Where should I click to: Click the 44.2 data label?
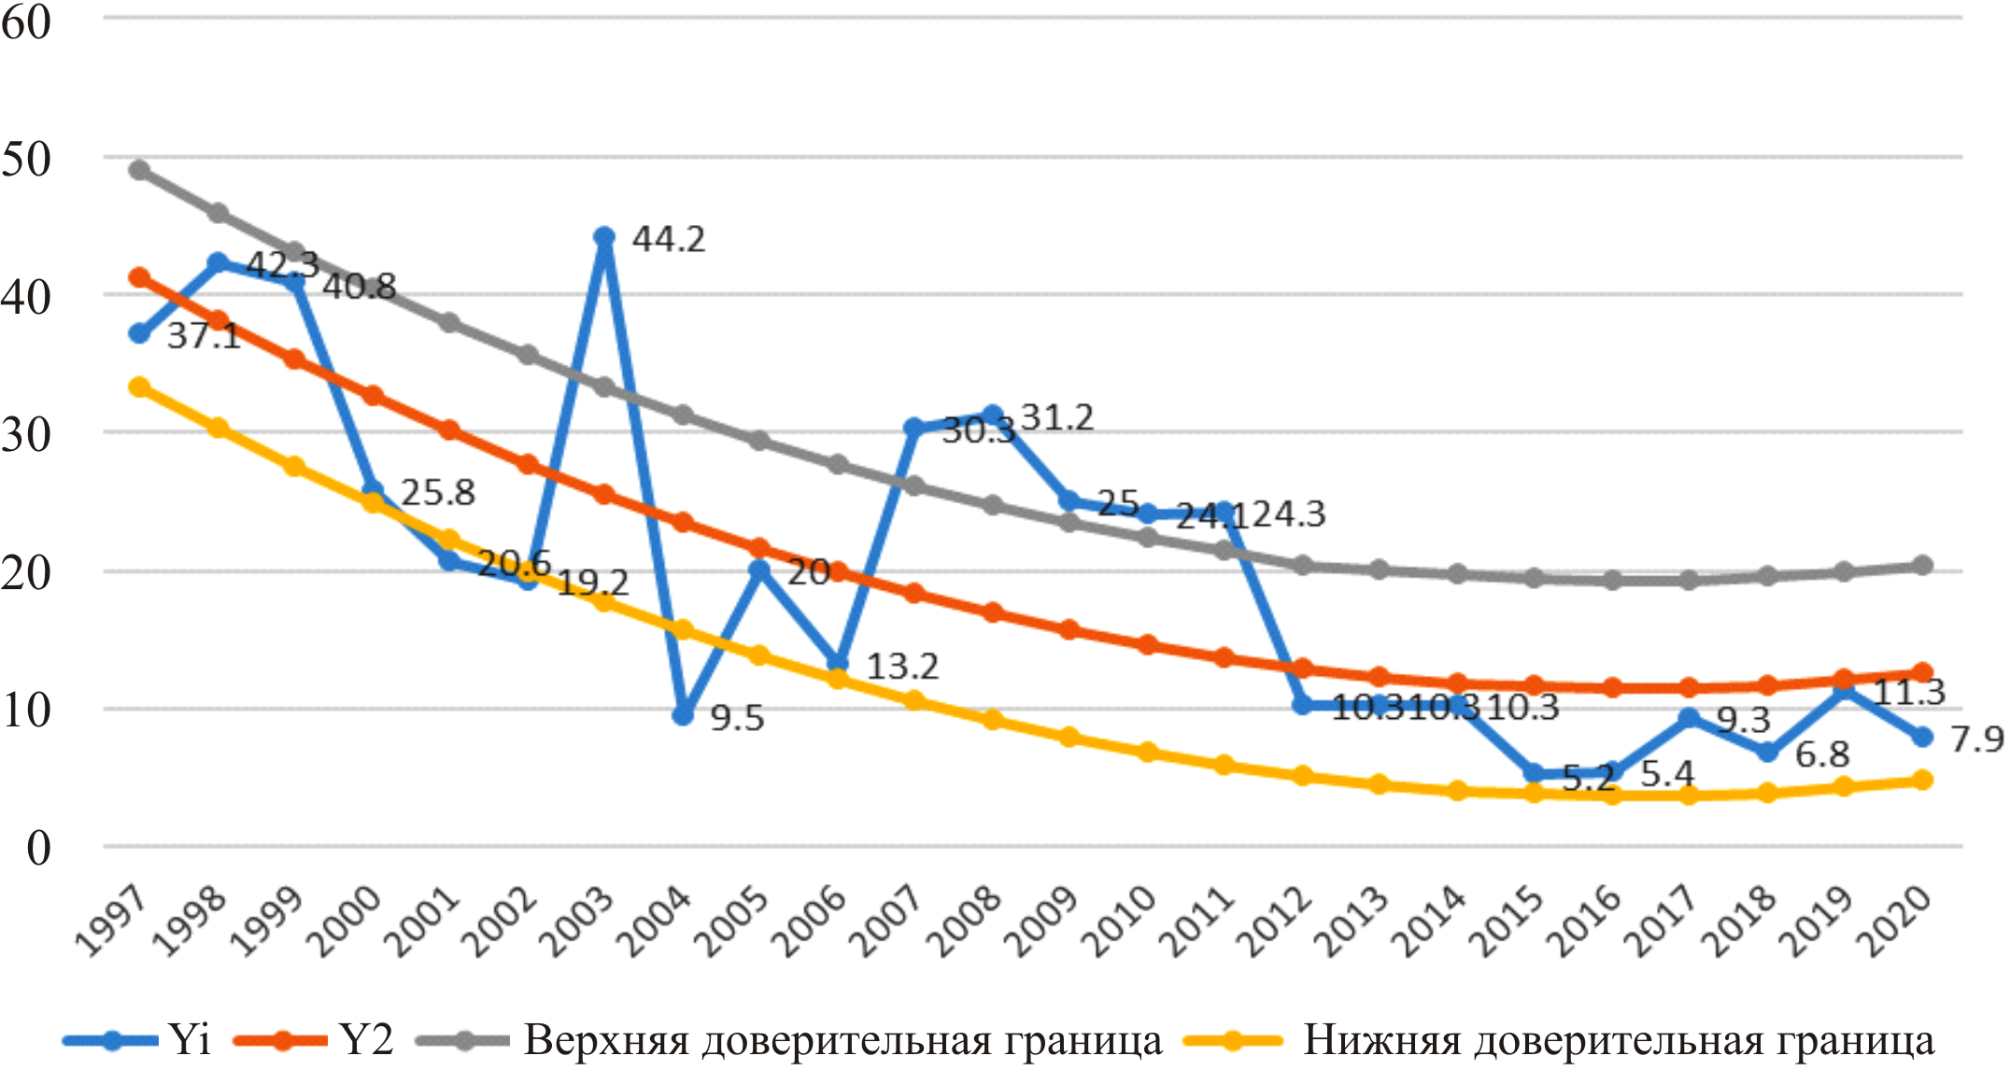tap(668, 239)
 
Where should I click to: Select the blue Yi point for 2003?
tap(604, 237)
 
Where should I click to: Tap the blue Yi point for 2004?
tap(683, 715)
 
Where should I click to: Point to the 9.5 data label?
tap(737, 718)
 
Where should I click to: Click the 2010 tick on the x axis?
tap(1118, 921)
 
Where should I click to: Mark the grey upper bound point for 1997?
tap(140, 170)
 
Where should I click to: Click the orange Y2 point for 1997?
tap(140, 277)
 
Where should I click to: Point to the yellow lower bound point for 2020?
tap(1922, 780)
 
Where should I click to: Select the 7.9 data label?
tap(1976, 739)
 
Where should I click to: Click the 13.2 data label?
tap(902, 666)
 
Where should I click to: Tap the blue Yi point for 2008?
tap(993, 415)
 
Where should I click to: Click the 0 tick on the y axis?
tap(38, 848)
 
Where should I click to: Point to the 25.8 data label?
tap(437, 492)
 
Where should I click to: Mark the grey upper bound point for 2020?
tap(1922, 565)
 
